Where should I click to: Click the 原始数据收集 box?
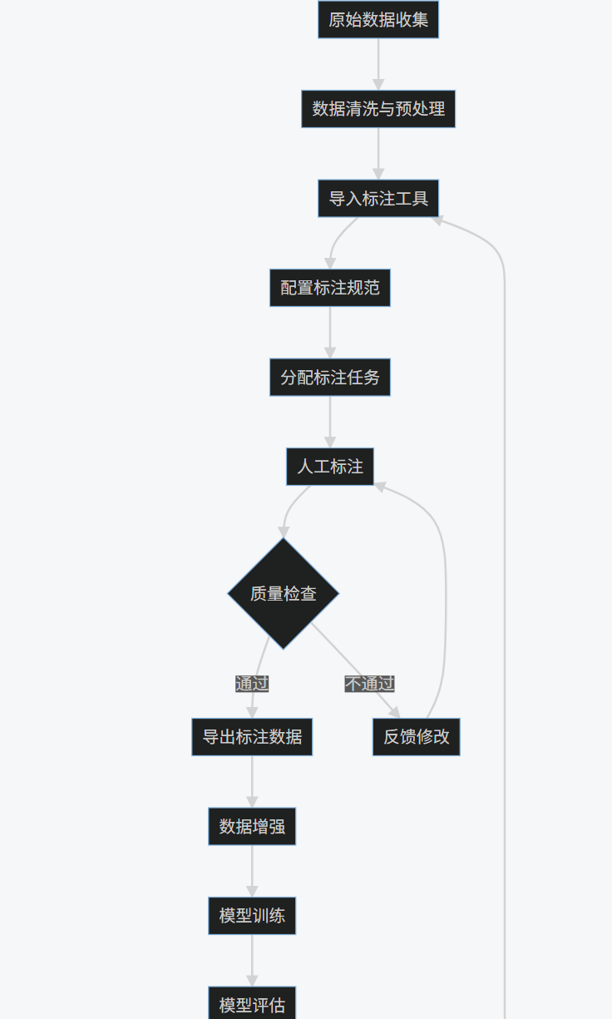(x=378, y=19)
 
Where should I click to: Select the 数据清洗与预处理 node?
(x=378, y=109)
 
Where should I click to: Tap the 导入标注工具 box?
(x=378, y=199)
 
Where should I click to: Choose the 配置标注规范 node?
(x=330, y=288)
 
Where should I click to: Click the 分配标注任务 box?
(x=330, y=378)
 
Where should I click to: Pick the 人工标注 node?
(x=330, y=467)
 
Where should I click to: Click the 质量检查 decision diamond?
(x=284, y=594)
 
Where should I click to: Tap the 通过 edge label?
(x=252, y=684)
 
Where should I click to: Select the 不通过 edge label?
(x=370, y=684)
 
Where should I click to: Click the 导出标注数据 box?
(x=252, y=737)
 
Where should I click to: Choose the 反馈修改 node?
(x=416, y=737)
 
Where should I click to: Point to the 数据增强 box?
(x=252, y=827)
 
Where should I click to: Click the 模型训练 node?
(x=252, y=916)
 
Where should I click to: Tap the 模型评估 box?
(x=252, y=1005)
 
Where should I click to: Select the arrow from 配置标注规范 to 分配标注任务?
(x=330, y=333)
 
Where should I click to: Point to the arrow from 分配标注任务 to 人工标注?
(x=330, y=422)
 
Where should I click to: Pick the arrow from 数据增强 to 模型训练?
(x=252, y=871)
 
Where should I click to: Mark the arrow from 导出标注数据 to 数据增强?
(x=252, y=782)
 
